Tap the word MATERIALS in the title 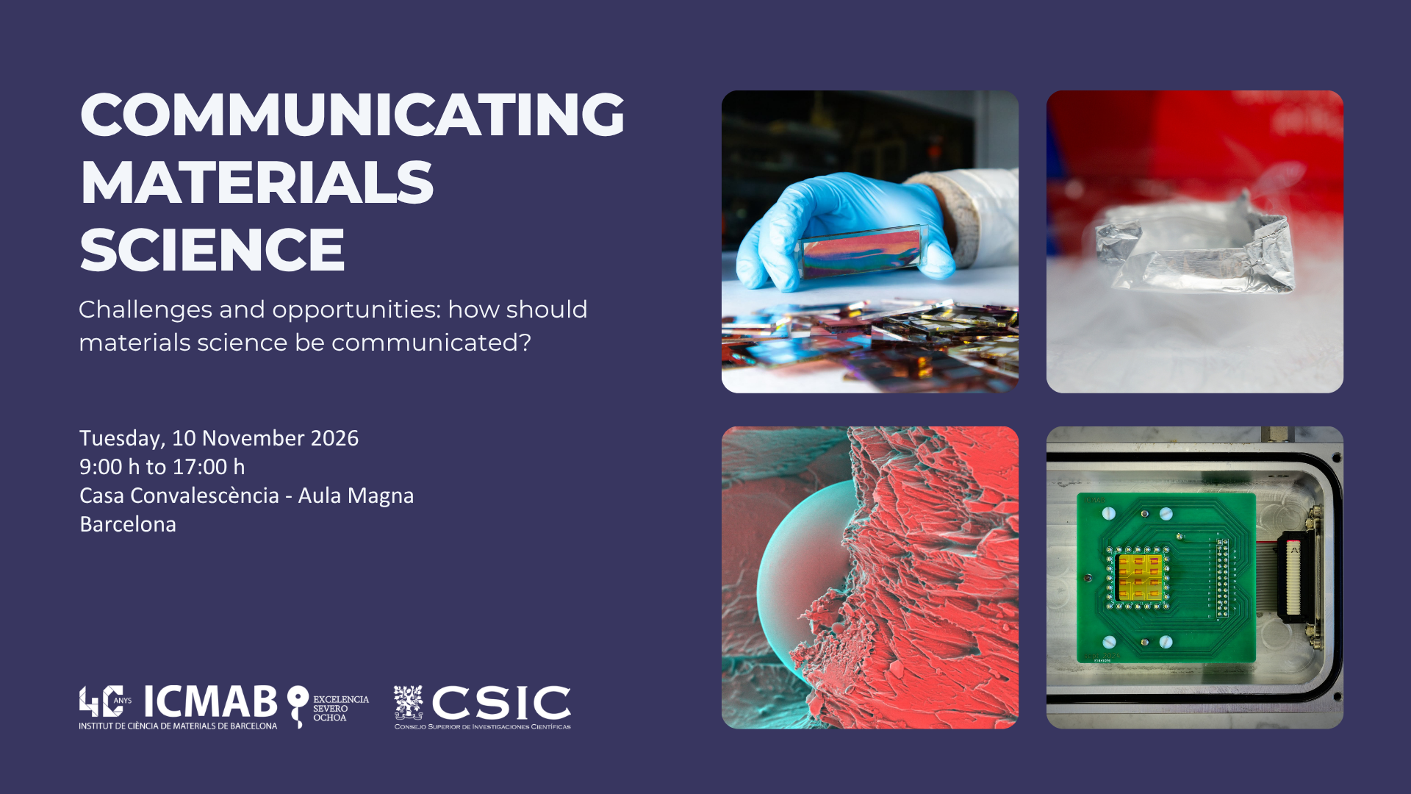(x=256, y=182)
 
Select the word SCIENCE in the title (x=212, y=250)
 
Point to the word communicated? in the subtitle (x=431, y=343)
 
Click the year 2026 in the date (x=334, y=438)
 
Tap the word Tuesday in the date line (x=121, y=439)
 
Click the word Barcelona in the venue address (x=128, y=524)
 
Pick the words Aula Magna (x=356, y=496)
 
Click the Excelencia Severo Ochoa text (x=341, y=709)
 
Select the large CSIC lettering (x=501, y=704)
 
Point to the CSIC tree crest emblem (x=408, y=703)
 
